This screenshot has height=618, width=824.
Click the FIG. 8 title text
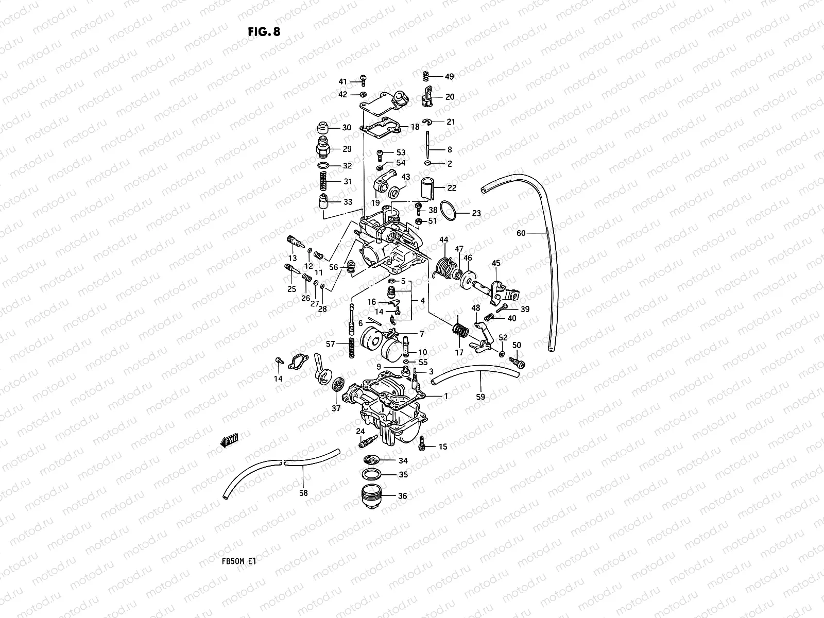click(264, 32)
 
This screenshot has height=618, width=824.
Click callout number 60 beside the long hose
click(521, 233)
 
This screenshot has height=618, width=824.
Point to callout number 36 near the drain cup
click(402, 496)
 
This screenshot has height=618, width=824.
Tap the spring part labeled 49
click(426, 76)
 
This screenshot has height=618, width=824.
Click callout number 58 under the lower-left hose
click(303, 493)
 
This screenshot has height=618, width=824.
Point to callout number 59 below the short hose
click(480, 398)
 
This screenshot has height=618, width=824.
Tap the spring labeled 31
click(322, 181)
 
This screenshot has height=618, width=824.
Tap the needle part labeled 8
click(428, 146)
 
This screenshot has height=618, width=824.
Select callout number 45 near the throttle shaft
click(496, 264)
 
